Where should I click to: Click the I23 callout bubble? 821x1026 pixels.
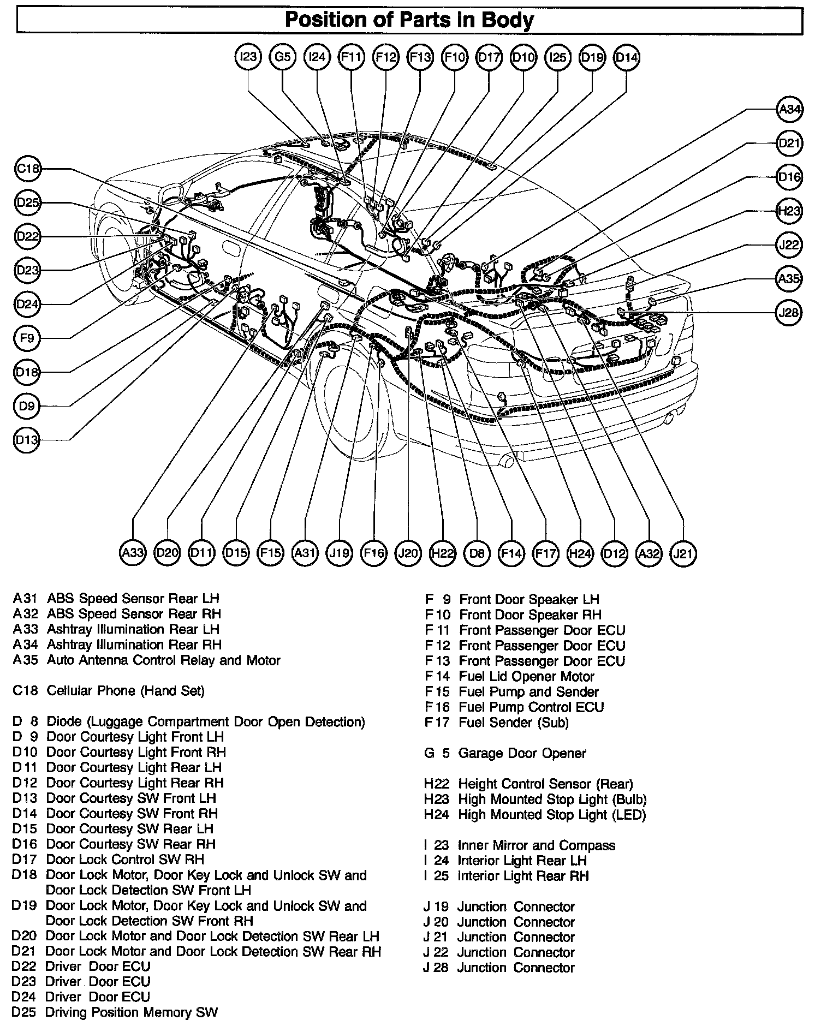(x=248, y=57)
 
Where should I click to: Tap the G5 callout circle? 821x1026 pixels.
(x=283, y=57)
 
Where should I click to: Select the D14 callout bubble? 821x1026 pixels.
(x=626, y=57)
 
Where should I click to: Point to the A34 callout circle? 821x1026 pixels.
(x=789, y=110)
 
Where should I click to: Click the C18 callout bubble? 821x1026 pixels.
(x=27, y=169)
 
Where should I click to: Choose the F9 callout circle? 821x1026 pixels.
(x=27, y=338)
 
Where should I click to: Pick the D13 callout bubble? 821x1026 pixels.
(x=27, y=440)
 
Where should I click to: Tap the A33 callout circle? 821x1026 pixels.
(x=133, y=553)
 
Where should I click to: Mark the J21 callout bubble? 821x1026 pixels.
(x=683, y=553)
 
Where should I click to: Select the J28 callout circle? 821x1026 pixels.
(x=789, y=313)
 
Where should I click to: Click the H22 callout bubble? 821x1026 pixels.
(x=442, y=553)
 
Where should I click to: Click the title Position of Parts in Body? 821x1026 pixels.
(x=409, y=21)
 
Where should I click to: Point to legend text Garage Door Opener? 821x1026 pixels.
(x=522, y=754)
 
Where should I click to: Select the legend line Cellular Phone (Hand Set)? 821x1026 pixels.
(x=126, y=691)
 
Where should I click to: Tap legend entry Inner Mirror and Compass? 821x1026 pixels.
(x=537, y=845)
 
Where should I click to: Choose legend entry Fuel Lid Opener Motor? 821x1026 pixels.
(x=527, y=677)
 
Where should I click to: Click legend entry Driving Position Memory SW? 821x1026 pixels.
(x=132, y=1012)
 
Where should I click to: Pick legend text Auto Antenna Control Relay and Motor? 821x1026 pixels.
(x=164, y=660)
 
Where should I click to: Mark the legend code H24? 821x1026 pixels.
(x=437, y=815)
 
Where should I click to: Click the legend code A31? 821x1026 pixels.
(x=25, y=599)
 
